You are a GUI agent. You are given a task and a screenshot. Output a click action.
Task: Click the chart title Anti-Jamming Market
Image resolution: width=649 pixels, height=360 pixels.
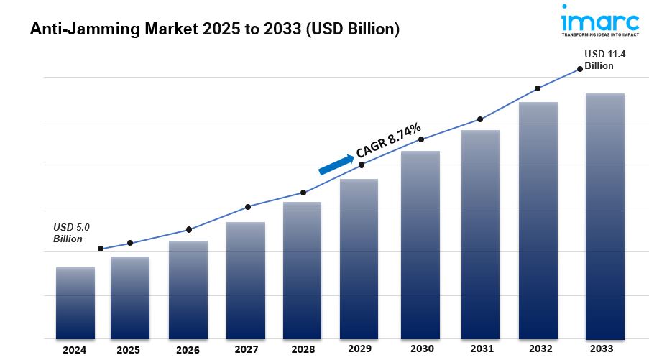pos(215,29)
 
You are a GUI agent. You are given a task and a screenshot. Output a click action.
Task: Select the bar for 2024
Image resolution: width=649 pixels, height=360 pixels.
pos(75,303)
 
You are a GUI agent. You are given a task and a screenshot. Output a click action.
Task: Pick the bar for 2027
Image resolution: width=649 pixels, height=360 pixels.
pos(245,280)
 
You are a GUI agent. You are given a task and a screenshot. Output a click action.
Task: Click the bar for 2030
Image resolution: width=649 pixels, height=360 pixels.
pos(420,244)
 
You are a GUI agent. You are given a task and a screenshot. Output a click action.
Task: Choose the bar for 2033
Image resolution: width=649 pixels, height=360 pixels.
pos(604,216)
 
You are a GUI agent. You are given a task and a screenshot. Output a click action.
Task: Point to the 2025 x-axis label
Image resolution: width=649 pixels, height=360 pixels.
pos(129,350)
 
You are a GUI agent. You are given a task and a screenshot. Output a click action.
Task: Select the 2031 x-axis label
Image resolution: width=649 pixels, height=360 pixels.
pos(481,350)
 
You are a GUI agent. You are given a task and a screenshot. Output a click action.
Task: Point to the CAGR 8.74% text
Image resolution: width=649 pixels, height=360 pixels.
pos(389,140)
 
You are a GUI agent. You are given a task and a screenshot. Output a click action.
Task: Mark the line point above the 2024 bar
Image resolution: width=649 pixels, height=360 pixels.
pos(100,249)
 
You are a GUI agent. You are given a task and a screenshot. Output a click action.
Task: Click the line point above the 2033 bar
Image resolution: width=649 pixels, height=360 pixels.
pos(580,69)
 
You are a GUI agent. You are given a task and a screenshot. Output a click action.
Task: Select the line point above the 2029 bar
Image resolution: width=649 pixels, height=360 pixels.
pos(361,165)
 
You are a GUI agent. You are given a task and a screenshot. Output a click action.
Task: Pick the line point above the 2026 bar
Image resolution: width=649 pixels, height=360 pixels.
pos(188,230)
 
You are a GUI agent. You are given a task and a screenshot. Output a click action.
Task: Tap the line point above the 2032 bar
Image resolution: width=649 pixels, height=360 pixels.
pos(537,88)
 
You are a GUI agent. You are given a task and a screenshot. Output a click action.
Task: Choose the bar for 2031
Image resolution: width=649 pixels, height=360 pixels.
pos(480,234)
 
